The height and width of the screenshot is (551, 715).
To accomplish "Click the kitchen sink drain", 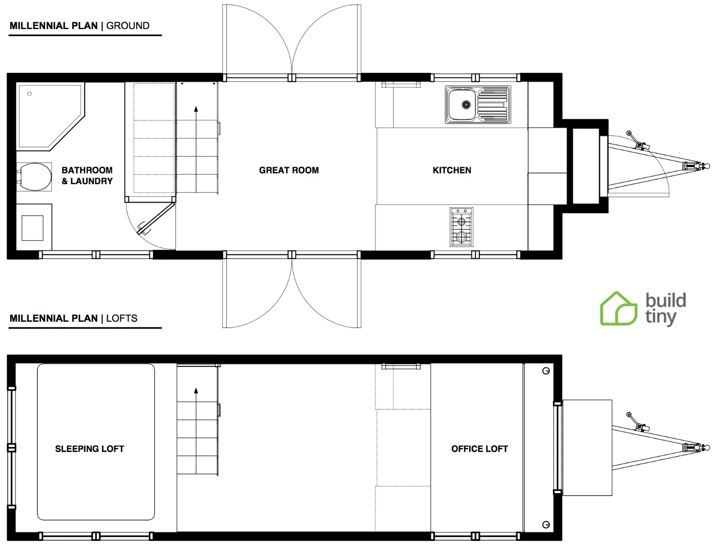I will click(x=466, y=105).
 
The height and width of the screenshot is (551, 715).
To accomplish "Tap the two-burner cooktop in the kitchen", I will click(x=462, y=227).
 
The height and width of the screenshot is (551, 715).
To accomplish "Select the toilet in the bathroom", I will click(x=35, y=177).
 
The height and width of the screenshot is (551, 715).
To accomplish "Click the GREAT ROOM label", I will click(x=289, y=170).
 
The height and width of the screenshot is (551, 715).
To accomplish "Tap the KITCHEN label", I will click(x=452, y=170).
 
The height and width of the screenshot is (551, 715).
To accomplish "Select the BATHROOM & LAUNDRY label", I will click(x=87, y=176).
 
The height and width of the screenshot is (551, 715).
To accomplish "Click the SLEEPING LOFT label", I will click(x=90, y=449).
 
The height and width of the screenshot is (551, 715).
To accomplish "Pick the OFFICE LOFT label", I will click(x=479, y=449).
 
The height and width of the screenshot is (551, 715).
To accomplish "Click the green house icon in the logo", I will click(x=618, y=309).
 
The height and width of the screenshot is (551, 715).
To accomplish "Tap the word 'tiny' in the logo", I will click(x=660, y=317).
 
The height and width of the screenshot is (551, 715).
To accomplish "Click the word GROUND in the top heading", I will click(x=127, y=26).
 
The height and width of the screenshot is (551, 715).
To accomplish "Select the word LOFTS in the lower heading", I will click(x=122, y=318).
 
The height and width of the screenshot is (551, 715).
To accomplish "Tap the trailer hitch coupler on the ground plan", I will click(x=706, y=166).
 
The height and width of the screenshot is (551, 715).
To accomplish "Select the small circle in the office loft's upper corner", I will click(x=546, y=371).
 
